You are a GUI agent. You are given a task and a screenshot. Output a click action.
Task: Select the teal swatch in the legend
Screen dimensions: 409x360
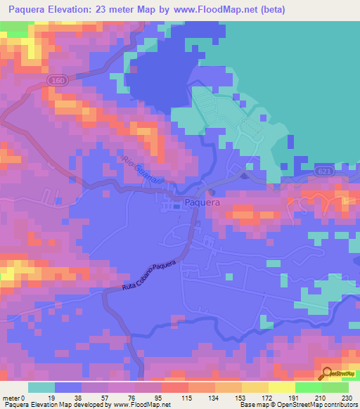(41, 387)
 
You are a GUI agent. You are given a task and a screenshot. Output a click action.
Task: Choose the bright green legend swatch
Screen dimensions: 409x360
(309, 387)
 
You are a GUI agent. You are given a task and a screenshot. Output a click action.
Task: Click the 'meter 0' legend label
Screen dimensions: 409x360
(14, 398)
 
